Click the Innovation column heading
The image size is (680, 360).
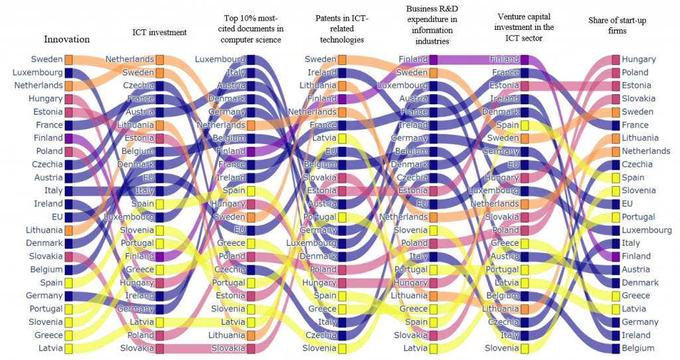click(x=66, y=39)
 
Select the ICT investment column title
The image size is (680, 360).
click(x=159, y=32)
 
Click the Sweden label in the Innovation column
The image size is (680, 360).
click(x=46, y=59)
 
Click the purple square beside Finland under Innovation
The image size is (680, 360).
click(x=68, y=138)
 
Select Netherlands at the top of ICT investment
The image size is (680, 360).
click(x=129, y=59)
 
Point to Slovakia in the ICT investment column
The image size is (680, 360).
click(x=137, y=348)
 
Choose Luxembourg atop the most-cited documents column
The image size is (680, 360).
click(x=220, y=59)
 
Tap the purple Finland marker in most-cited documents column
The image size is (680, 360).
click(x=251, y=151)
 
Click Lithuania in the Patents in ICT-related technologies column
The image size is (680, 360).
click(x=317, y=86)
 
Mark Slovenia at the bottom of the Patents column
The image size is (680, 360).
click(x=319, y=348)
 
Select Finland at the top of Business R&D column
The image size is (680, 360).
click(x=413, y=59)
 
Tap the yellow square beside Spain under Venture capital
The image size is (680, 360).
click(x=525, y=125)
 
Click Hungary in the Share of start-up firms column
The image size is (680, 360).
click(x=639, y=59)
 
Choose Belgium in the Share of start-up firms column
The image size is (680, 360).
click(x=638, y=348)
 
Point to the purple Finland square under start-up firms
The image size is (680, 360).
click(x=616, y=256)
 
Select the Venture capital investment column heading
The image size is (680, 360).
click(x=525, y=25)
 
